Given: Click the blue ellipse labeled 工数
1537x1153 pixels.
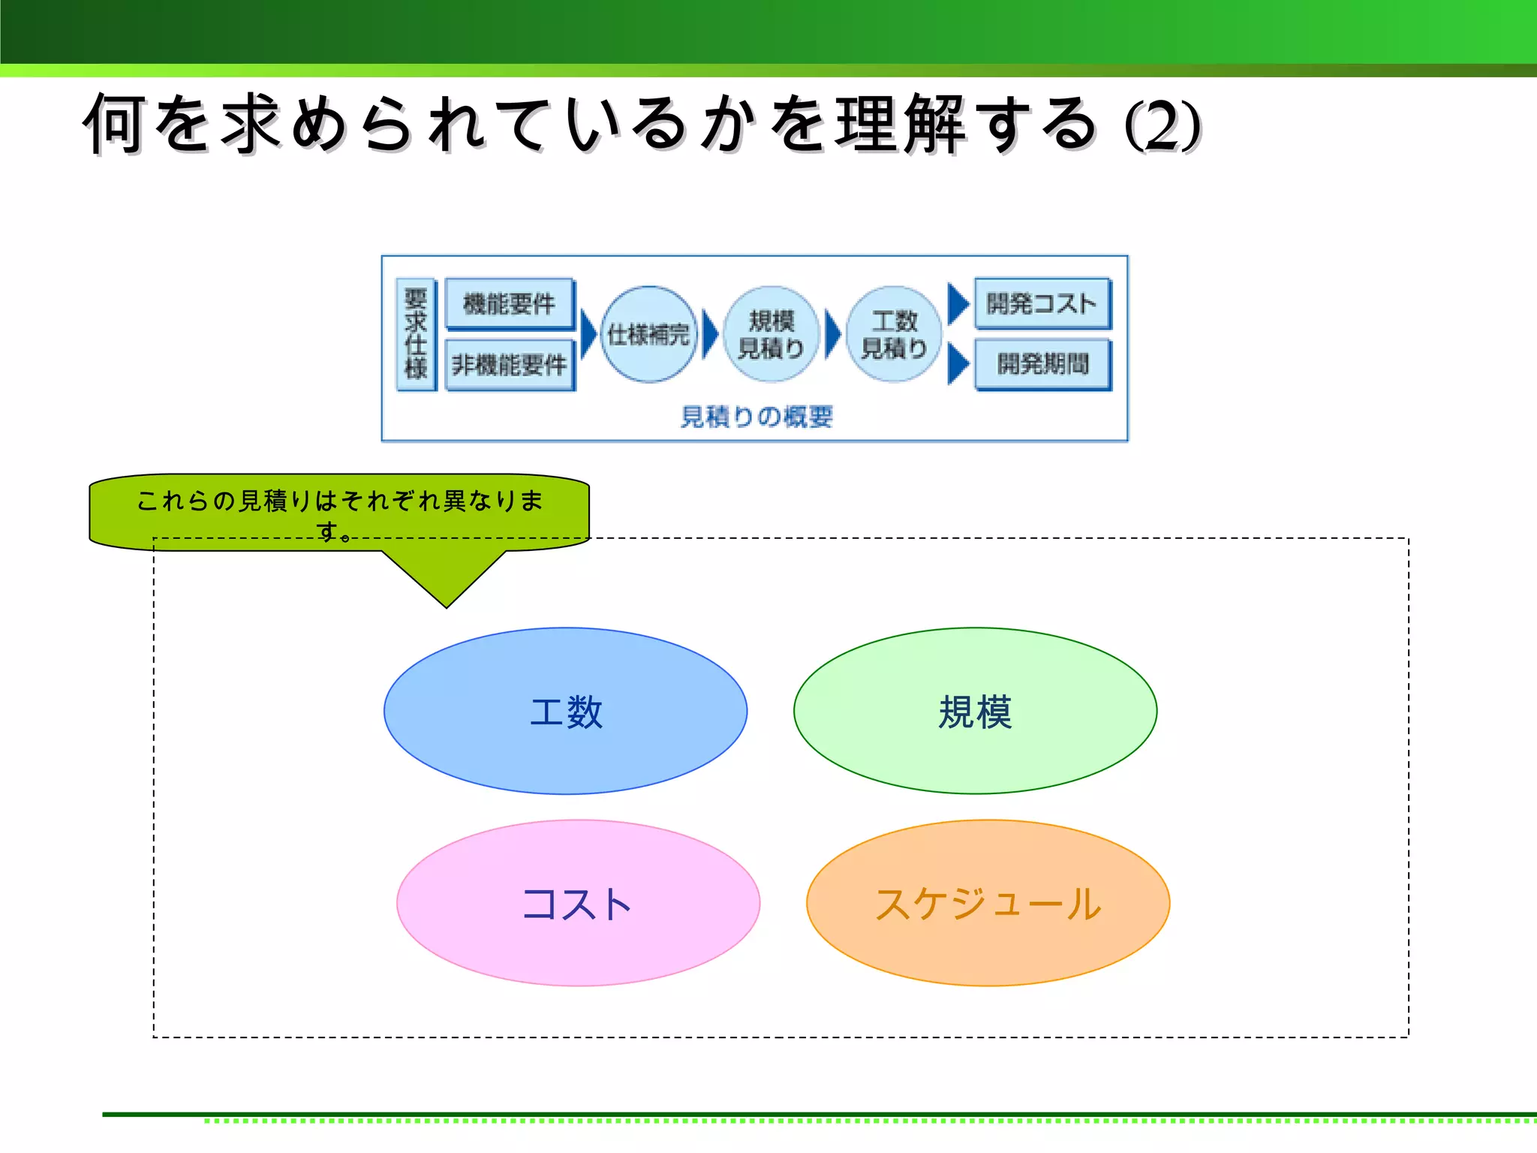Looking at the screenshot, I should coord(565,711).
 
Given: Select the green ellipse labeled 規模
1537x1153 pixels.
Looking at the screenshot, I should coord(975,711).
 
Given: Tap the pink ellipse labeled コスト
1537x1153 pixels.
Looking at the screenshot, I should coord(578,903).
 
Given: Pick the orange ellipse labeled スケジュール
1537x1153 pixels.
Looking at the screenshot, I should coord(988,903).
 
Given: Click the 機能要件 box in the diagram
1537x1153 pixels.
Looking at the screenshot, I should coord(510,304).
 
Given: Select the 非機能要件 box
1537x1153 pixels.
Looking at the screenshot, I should coord(510,366).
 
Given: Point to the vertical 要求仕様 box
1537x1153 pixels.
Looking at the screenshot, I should coord(416,334).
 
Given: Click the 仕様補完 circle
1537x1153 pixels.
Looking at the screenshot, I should coord(648,334).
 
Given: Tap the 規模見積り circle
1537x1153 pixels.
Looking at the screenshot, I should coord(771,334).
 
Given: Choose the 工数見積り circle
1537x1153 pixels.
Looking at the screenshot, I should coord(893,334).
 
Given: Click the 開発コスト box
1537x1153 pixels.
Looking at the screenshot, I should coord(1042,303).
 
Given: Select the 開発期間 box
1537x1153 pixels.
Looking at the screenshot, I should coord(1042,365).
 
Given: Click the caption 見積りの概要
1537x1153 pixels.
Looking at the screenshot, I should coord(756,417).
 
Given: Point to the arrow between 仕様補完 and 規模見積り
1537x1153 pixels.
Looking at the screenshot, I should coord(709,334).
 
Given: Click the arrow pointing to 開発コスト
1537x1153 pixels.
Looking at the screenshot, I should coord(957,304).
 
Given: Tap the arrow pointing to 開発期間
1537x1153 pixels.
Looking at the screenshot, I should coord(957,364).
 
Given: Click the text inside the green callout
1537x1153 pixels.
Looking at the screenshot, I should coord(339,501).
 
